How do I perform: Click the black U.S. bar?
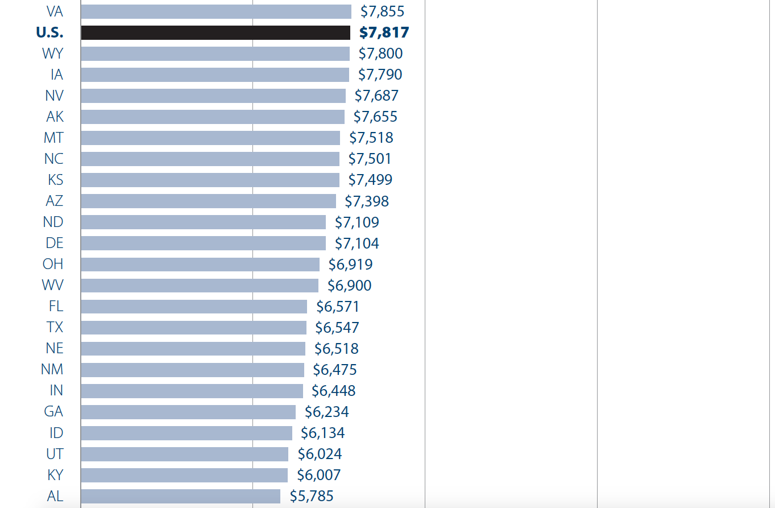click(x=215, y=32)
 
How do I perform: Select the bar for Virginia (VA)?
click(x=216, y=11)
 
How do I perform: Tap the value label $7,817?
click(x=384, y=32)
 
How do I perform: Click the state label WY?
click(x=52, y=53)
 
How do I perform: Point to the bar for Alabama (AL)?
click(x=180, y=496)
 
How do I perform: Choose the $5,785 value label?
click(x=312, y=496)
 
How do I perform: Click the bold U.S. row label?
click(x=49, y=32)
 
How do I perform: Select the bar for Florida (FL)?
click(x=194, y=307)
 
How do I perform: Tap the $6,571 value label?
click(x=338, y=307)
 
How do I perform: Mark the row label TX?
click(x=55, y=328)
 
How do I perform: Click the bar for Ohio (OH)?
click(x=200, y=265)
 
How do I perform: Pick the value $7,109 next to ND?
click(x=357, y=222)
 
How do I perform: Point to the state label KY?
click(x=55, y=475)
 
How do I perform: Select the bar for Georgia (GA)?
click(x=188, y=412)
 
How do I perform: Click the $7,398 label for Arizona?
click(x=367, y=201)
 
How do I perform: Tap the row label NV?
click(x=54, y=96)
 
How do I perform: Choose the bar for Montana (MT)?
click(x=210, y=138)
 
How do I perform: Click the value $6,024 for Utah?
click(x=320, y=454)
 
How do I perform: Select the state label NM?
click(x=52, y=370)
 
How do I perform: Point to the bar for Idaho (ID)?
click(x=187, y=433)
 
